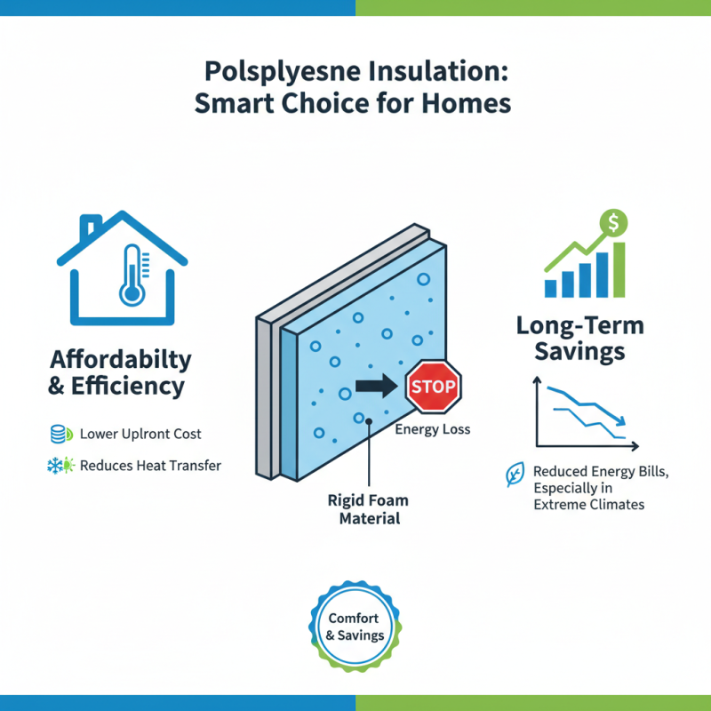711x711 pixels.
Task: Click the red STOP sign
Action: coord(433,387)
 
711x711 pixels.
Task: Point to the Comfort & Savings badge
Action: coord(355,627)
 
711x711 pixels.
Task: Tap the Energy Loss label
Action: coord(432,430)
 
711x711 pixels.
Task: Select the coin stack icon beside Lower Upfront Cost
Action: coord(59,435)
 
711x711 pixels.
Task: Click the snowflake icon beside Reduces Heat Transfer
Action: coord(59,465)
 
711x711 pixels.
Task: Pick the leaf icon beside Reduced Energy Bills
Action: coord(514,475)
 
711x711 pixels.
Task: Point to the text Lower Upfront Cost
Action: coord(140,435)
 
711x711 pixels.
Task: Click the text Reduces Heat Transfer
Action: coord(150,465)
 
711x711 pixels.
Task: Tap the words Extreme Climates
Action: coord(588,504)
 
